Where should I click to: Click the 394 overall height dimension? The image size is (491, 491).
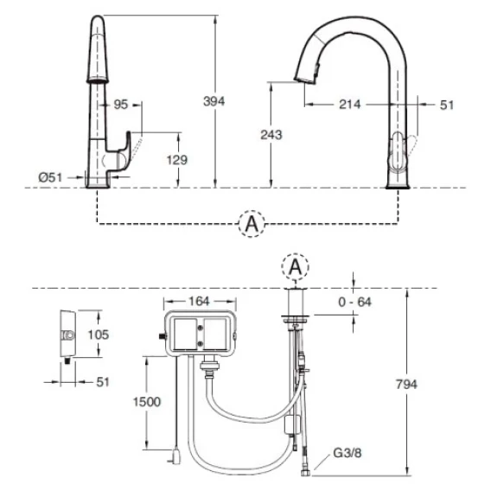[214, 101]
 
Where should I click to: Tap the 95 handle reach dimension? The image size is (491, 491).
[121, 105]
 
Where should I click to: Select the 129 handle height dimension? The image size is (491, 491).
[177, 160]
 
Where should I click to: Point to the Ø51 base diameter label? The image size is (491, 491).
[50, 177]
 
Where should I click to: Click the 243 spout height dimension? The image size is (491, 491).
[271, 135]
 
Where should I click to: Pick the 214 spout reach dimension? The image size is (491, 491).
[350, 105]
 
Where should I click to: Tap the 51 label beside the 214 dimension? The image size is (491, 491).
[447, 105]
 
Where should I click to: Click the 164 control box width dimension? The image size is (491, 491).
[199, 301]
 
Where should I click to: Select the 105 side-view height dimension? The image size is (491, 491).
[99, 335]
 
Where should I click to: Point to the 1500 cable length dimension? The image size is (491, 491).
[147, 402]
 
